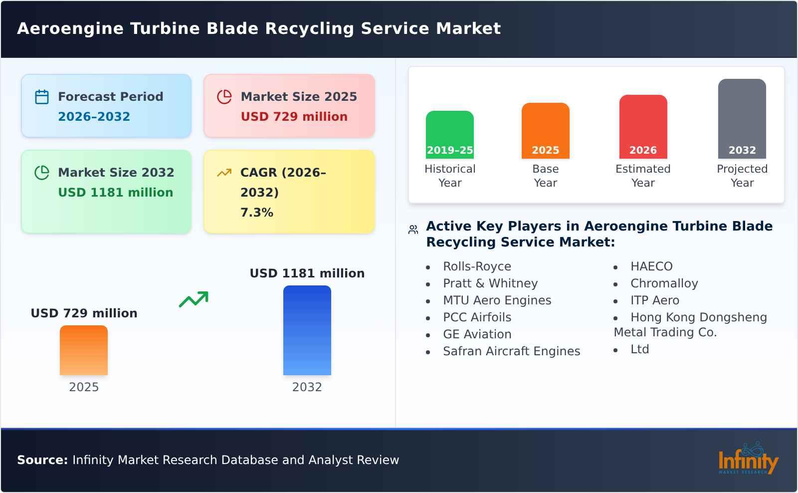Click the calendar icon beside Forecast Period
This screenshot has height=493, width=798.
coord(42,97)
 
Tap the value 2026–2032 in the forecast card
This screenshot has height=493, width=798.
coord(94,117)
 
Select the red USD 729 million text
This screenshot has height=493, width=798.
coord(294,117)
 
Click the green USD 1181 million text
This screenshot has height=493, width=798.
coord(115,193)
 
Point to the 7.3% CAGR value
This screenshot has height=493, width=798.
coord(256,213)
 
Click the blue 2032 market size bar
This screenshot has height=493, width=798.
coord(307,330)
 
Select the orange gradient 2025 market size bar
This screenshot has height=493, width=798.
coord(84,350)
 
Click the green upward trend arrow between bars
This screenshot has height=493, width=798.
coord(194,299)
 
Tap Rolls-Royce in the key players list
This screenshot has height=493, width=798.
coord(477,266)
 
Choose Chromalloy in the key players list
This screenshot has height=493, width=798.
coord(664,283)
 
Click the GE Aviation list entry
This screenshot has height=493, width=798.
coord(477,334)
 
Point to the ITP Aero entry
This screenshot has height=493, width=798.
coord(654,300)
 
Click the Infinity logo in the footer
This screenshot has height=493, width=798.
coord(748,460)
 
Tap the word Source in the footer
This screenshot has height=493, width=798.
coord(42,460)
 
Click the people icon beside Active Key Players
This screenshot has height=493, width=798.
coord(413,230)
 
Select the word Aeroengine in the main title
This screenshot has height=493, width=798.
coord(70,28)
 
